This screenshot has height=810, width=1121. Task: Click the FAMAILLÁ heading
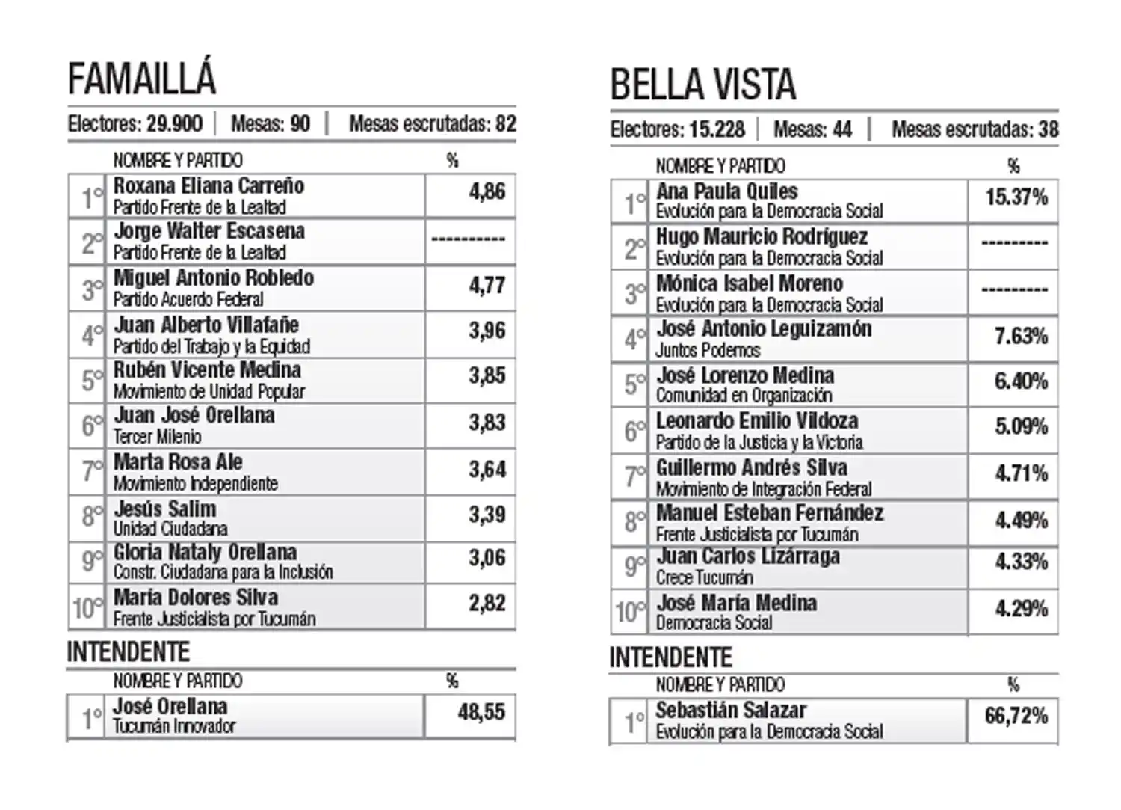[142, 79]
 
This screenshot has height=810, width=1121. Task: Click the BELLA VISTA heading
[702, 85]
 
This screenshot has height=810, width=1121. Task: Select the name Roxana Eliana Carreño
[209, 185]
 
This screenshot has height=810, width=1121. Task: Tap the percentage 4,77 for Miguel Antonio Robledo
[487, 286]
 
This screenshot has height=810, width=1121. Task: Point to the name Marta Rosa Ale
[178, 462]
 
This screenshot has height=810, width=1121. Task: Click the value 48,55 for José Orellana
[481, 711]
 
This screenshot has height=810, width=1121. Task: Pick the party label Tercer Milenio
[158, 437]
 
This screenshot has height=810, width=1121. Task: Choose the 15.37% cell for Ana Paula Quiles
[1016, 197]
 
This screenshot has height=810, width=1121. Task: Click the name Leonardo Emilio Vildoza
[756, 421]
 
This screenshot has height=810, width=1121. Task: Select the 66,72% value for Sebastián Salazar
[1016, 716]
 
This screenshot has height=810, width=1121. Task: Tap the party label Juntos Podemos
[708, 350]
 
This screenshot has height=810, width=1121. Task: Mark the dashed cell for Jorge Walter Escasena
[469, 239]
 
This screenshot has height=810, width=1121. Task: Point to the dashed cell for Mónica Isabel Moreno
[1014, 290]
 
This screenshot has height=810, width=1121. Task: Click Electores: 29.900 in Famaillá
[135, 124]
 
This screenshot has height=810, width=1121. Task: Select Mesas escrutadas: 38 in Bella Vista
[975, 130]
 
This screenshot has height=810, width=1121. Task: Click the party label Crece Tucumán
[704, 578]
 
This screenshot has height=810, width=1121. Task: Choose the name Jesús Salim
[165, 509]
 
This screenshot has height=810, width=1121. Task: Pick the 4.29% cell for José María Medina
[1020, 609]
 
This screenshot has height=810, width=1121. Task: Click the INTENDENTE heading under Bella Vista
[670, 658]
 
